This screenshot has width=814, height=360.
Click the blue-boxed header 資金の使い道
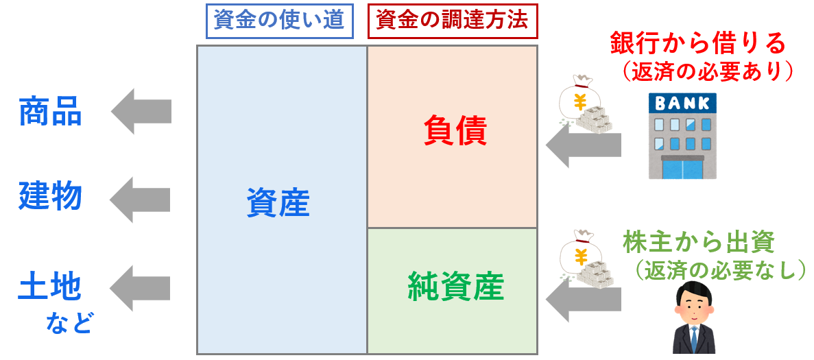tap(280, 21)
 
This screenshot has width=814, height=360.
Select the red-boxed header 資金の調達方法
tap(453, 21)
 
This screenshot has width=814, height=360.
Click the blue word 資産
tap(278, 203)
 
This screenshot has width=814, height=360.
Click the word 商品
tap(50, 112)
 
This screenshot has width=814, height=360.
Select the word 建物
tap(50, 197)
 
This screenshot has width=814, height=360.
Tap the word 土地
tap(50, 287)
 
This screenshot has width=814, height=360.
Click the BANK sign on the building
tap(682, 104)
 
